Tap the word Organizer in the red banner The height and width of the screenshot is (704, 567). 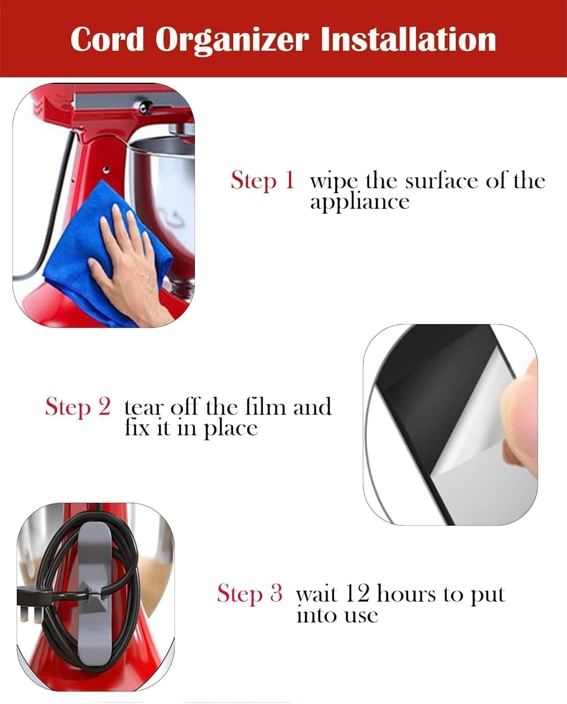click(232, 40)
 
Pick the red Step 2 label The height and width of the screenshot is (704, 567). click(78, 406)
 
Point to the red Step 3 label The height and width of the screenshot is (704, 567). click(250, 593)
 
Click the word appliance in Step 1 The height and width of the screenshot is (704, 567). click(360, 202)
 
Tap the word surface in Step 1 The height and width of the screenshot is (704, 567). click(442, 181)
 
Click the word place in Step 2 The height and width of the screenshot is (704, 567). click(230, 429)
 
